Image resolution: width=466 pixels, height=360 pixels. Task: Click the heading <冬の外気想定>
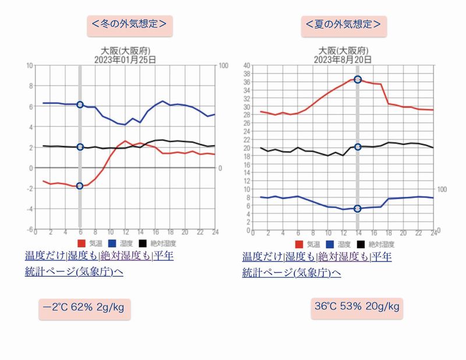(129, 24)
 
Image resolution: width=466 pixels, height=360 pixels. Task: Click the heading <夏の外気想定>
(344, 24)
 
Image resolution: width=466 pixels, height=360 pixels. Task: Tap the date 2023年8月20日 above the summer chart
(341, 59)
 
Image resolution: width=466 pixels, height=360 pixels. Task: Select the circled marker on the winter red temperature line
(80, 186)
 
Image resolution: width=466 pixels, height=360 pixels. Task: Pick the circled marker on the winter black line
(80, 147)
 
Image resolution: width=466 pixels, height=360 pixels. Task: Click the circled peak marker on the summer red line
(358, 79)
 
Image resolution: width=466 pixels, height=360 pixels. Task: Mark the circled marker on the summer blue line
(358, 209)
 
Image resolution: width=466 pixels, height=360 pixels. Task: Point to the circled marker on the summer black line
(358, 147)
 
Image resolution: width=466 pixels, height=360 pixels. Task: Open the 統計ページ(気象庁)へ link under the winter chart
(74, 271)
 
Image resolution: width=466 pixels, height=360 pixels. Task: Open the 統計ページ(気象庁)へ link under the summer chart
(291, 272)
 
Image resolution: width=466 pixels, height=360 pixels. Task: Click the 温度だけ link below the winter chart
(45, 256)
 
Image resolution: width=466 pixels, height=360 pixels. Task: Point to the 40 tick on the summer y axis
(246, 65)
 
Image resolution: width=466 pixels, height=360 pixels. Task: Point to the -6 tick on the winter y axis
(30, 230)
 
